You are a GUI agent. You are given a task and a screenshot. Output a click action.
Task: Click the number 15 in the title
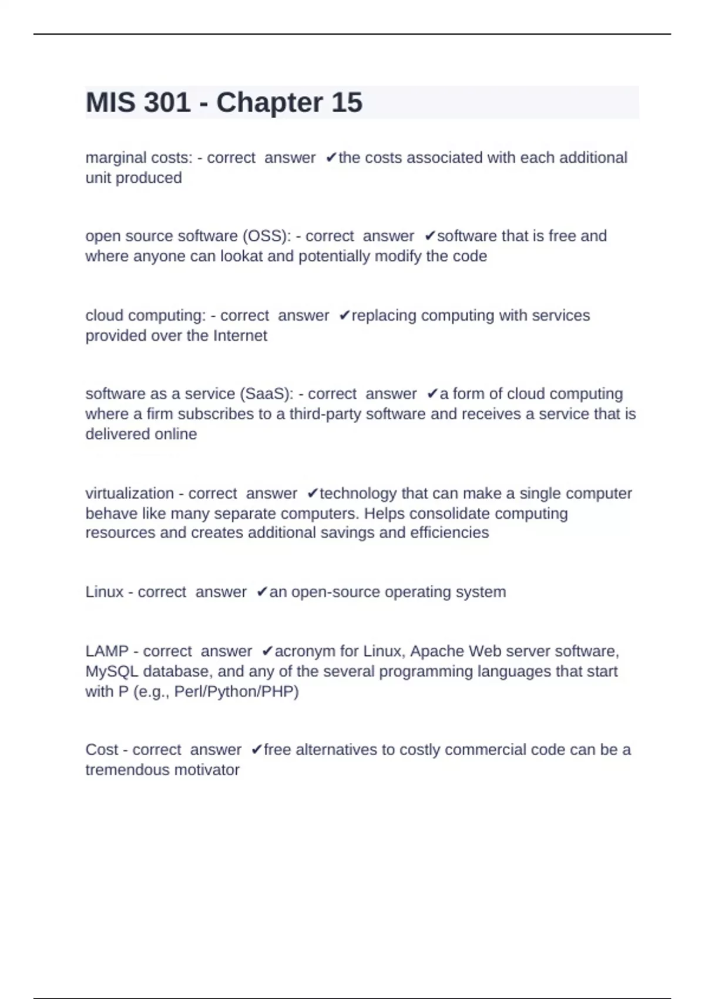[347, 103]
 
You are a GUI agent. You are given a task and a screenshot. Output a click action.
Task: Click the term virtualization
[129, 493]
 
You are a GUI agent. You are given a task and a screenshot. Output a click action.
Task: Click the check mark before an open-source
[262, 592]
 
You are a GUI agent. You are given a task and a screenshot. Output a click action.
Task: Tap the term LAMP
[107, 651]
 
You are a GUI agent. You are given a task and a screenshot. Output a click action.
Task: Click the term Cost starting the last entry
[102, 750]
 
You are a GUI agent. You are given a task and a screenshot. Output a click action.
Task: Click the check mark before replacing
[345, 316]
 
